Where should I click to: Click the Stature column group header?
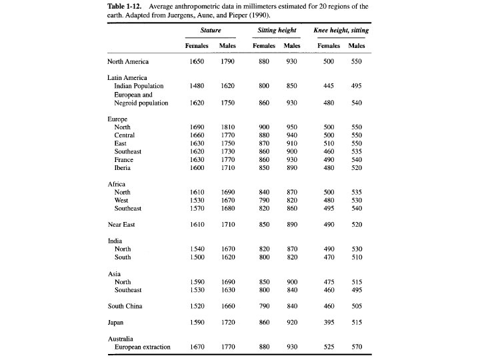[211, 31]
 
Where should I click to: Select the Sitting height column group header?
[277, 31]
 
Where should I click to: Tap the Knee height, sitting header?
[341, 31]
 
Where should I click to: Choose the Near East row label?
[121, 225]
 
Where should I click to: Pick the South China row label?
[125, 306]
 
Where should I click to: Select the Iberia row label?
[123, 168]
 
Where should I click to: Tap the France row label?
[124, 160]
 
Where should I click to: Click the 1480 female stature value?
[197, 86]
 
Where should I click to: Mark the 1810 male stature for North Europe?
[227, 127]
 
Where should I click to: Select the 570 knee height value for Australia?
[357, 347]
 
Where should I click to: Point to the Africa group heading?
[117, 183]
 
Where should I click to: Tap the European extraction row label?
[143, 347]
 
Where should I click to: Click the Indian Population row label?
[139, 86]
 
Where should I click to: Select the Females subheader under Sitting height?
[264, 45]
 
